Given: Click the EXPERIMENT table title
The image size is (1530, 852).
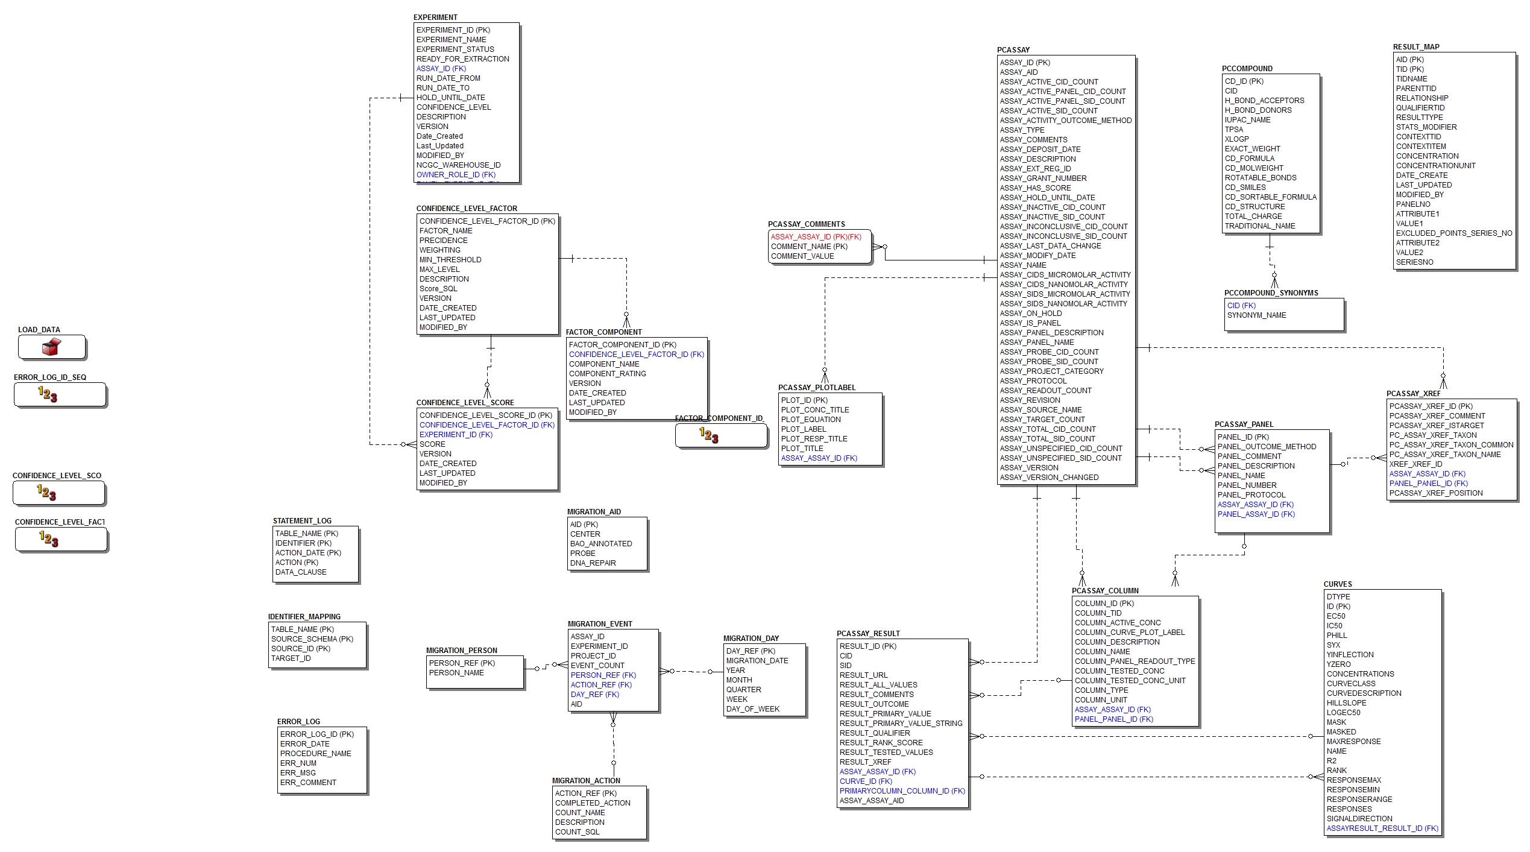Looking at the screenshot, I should coord(435,17).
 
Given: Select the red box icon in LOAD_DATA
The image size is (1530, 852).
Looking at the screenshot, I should coord(52,347).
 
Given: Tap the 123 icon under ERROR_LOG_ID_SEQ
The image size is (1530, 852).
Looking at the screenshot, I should coord(48,394).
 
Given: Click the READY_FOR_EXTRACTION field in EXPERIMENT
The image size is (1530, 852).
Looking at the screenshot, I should coord(462,59).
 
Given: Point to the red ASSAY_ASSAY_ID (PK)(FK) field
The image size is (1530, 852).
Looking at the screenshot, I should coord(816,237).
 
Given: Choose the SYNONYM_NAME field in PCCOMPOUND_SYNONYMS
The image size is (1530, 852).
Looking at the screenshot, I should coord(1256,315).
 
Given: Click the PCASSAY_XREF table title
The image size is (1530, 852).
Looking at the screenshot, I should coord(1413,394).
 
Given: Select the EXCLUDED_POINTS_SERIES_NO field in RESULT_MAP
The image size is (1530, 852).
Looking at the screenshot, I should coord(1453,233).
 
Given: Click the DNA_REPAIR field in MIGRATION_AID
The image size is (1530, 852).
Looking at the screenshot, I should coord(593,563).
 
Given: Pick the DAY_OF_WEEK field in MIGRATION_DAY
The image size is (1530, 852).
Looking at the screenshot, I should coord(752,709).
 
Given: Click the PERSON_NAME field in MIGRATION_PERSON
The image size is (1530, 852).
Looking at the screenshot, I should coord(456,673).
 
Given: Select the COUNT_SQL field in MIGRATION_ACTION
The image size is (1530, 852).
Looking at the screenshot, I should coord(577,832).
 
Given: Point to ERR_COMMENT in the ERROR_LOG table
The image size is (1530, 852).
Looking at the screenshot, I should coord(307,783).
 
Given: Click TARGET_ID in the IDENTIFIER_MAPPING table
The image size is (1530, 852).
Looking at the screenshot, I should coord(291,658).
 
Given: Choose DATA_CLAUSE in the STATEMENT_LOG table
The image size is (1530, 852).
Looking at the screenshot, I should coord(301,572).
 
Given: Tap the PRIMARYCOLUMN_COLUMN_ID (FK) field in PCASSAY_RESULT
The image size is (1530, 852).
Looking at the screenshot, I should coord(902,791).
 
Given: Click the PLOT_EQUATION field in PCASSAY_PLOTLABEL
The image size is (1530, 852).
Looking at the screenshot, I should coord(810,420).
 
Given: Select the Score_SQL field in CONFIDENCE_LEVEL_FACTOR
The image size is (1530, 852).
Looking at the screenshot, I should coord(438,289).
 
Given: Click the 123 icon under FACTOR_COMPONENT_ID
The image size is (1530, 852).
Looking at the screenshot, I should coord(709,435).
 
